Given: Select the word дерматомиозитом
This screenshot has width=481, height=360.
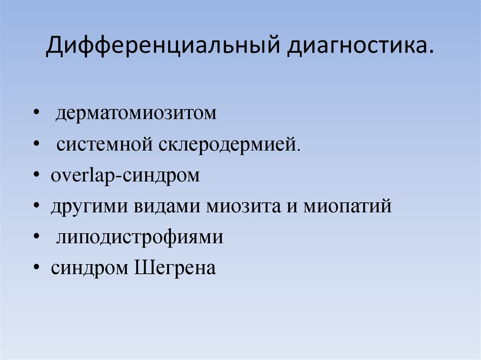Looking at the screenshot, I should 137,114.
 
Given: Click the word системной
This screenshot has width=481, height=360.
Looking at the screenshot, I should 103,145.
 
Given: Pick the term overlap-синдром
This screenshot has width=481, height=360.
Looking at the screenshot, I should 125,176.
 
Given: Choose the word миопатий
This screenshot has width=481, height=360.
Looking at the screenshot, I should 347,207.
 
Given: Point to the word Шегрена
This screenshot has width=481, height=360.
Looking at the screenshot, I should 176,269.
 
